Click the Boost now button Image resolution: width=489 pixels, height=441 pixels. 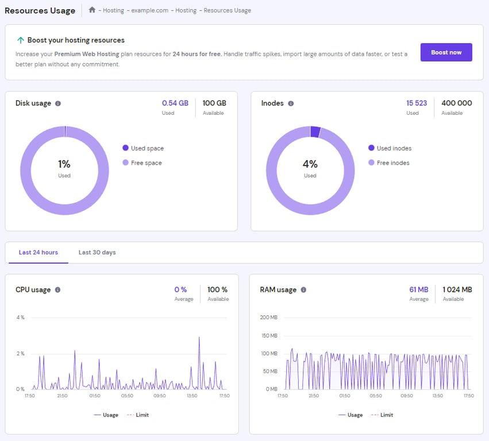pyautogui.click(x=446, y=52)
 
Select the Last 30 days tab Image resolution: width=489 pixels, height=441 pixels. pyautogui.click(x=97, y=253)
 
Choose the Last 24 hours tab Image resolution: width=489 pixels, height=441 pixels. pyautogui.click(x=38, y=253)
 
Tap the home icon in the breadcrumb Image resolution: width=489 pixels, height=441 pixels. pyautogui.click(x=92, y=10)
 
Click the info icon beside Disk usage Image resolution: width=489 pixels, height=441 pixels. pyautogui.click(x=58, y=103)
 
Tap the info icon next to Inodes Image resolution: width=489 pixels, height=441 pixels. pyautogui.click(x=291, y=103)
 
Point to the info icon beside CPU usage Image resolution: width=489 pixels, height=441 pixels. pyautogui.click(x=57, y=290)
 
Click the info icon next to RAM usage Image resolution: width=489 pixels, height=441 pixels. pyautogui.click(x=303, y=290)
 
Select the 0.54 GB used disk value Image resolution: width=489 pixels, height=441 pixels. pyautogui.click(x=175, y=103)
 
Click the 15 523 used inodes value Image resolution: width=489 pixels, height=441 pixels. pyautogui.click(x=417, y=103)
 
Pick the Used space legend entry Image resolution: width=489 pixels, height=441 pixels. pyautogui.click(x=147, y=148)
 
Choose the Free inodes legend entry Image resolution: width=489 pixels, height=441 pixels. pyautogui.click(x=392, y=163)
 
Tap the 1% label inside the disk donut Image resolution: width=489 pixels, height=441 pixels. pyautogui.click(x=64, y=164)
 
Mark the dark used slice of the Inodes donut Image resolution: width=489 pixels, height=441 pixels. pyautogui.click(x=315, y=131)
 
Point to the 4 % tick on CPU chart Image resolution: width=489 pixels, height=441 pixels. pyautogui.click(x=20, y=318)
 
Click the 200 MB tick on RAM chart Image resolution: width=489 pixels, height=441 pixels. pyautogui.click(x=269, y=318)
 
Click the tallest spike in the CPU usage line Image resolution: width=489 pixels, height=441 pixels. pyautogui.click(x=199, y=338)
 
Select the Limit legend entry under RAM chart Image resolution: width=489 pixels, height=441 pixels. pyautogui.click(x=386, y=415)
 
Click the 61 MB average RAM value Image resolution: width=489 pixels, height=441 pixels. pyautogui.click(x=419, y=290)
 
